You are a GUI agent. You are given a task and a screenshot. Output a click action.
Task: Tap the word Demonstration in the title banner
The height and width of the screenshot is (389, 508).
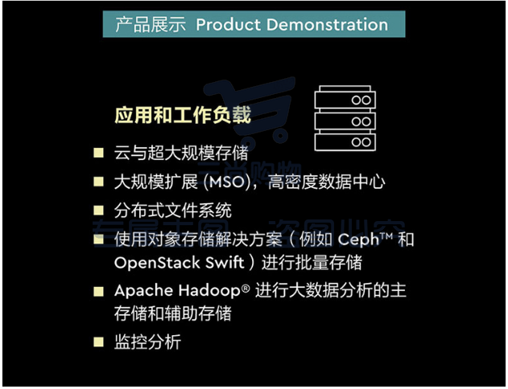click(327, 25)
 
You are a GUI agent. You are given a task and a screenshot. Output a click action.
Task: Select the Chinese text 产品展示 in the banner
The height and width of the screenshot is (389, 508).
click(151, 25)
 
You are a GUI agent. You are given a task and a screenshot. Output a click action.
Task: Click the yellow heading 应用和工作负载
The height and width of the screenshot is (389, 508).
click(183, 115)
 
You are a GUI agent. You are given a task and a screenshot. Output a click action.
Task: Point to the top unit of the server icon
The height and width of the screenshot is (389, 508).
click(345, 97)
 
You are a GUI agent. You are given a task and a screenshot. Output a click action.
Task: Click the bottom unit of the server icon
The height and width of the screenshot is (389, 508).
click(345, 142)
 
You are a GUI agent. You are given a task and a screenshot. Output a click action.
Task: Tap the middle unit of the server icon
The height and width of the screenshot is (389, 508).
click(345, 121)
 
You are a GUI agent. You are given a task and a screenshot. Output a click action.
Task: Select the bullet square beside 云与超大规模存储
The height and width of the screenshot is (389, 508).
click(98, 153)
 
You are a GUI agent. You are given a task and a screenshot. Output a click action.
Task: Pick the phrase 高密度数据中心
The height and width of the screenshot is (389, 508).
click(327, 182)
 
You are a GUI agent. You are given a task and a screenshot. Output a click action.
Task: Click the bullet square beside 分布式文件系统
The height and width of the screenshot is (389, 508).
click(98, 211)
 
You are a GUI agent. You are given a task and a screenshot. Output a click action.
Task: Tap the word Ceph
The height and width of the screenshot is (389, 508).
click(358, 240)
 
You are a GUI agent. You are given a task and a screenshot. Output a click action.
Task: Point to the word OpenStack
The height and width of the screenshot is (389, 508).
click(157, 263)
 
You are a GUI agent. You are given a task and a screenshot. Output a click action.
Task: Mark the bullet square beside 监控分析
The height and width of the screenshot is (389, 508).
click(98, 342)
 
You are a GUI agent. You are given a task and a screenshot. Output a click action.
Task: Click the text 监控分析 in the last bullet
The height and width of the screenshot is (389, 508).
click(148, 342)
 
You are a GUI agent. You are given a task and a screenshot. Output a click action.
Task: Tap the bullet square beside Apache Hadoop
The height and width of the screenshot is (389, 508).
click(98, 291)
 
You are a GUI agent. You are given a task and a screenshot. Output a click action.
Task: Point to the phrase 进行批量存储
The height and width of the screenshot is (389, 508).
click(312, 263)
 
